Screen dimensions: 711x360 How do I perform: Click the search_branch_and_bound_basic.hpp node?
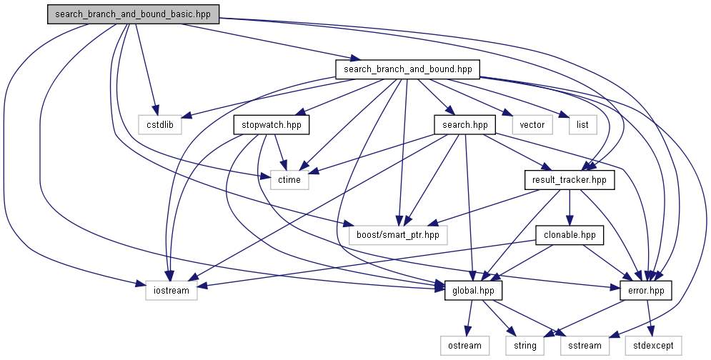[x=133, y=14]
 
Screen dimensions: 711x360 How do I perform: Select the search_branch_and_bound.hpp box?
[x=407, y=69]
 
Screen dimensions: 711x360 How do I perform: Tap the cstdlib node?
[x=160, y=125]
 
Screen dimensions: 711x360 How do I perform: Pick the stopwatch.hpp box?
[x=271, y=125]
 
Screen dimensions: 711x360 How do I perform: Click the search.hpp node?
[x=464, y=125]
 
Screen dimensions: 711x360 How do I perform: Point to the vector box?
[x=532, y=125]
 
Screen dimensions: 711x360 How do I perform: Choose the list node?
[x=582, y=125]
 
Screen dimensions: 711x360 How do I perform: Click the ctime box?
[x=289, y=180]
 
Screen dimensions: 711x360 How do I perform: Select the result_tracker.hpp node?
[x=569, y=180]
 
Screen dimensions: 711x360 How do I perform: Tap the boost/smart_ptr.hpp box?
[x=398, y=235]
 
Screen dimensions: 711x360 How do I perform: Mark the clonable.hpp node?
[x=570, y=235]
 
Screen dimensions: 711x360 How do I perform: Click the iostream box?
[x=171, y=291]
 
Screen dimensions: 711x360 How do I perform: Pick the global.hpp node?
[x=473, y=291]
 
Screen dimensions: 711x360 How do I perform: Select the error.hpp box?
[x=646, y=291]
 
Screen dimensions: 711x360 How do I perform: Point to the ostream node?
[x=464, y=346]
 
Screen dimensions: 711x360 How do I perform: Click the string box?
[x=524, y=346]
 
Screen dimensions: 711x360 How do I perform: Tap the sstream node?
[x=585, y=346]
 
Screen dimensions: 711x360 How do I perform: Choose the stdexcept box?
[x=653, y=346]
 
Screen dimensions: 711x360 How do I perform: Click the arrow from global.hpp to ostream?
[x=469, y=318]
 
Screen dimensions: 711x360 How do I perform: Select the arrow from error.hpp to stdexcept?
[x=650, y=318]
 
